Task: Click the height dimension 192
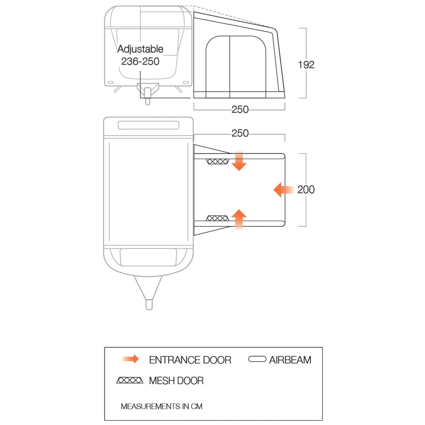click(306, 65)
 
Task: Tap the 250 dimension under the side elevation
click(240, 109)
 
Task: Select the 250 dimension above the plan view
click(240, 133)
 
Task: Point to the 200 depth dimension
click(306, 190)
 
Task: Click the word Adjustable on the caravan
click(140, 49)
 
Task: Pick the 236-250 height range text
click(140, 61)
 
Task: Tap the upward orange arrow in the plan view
click(239, 219)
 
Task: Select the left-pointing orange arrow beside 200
click(283, 190)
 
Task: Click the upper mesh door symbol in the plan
click(218, 161)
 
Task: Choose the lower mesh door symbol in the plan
click(218, 218)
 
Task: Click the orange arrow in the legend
click(130, 359)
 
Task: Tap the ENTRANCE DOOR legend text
click(190, 360)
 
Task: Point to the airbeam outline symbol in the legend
click(257, 359)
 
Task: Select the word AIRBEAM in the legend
click(290, 360)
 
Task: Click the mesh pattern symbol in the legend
click(130, 380)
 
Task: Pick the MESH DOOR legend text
click(176, 381)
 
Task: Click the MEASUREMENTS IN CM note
click(161, 406)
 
